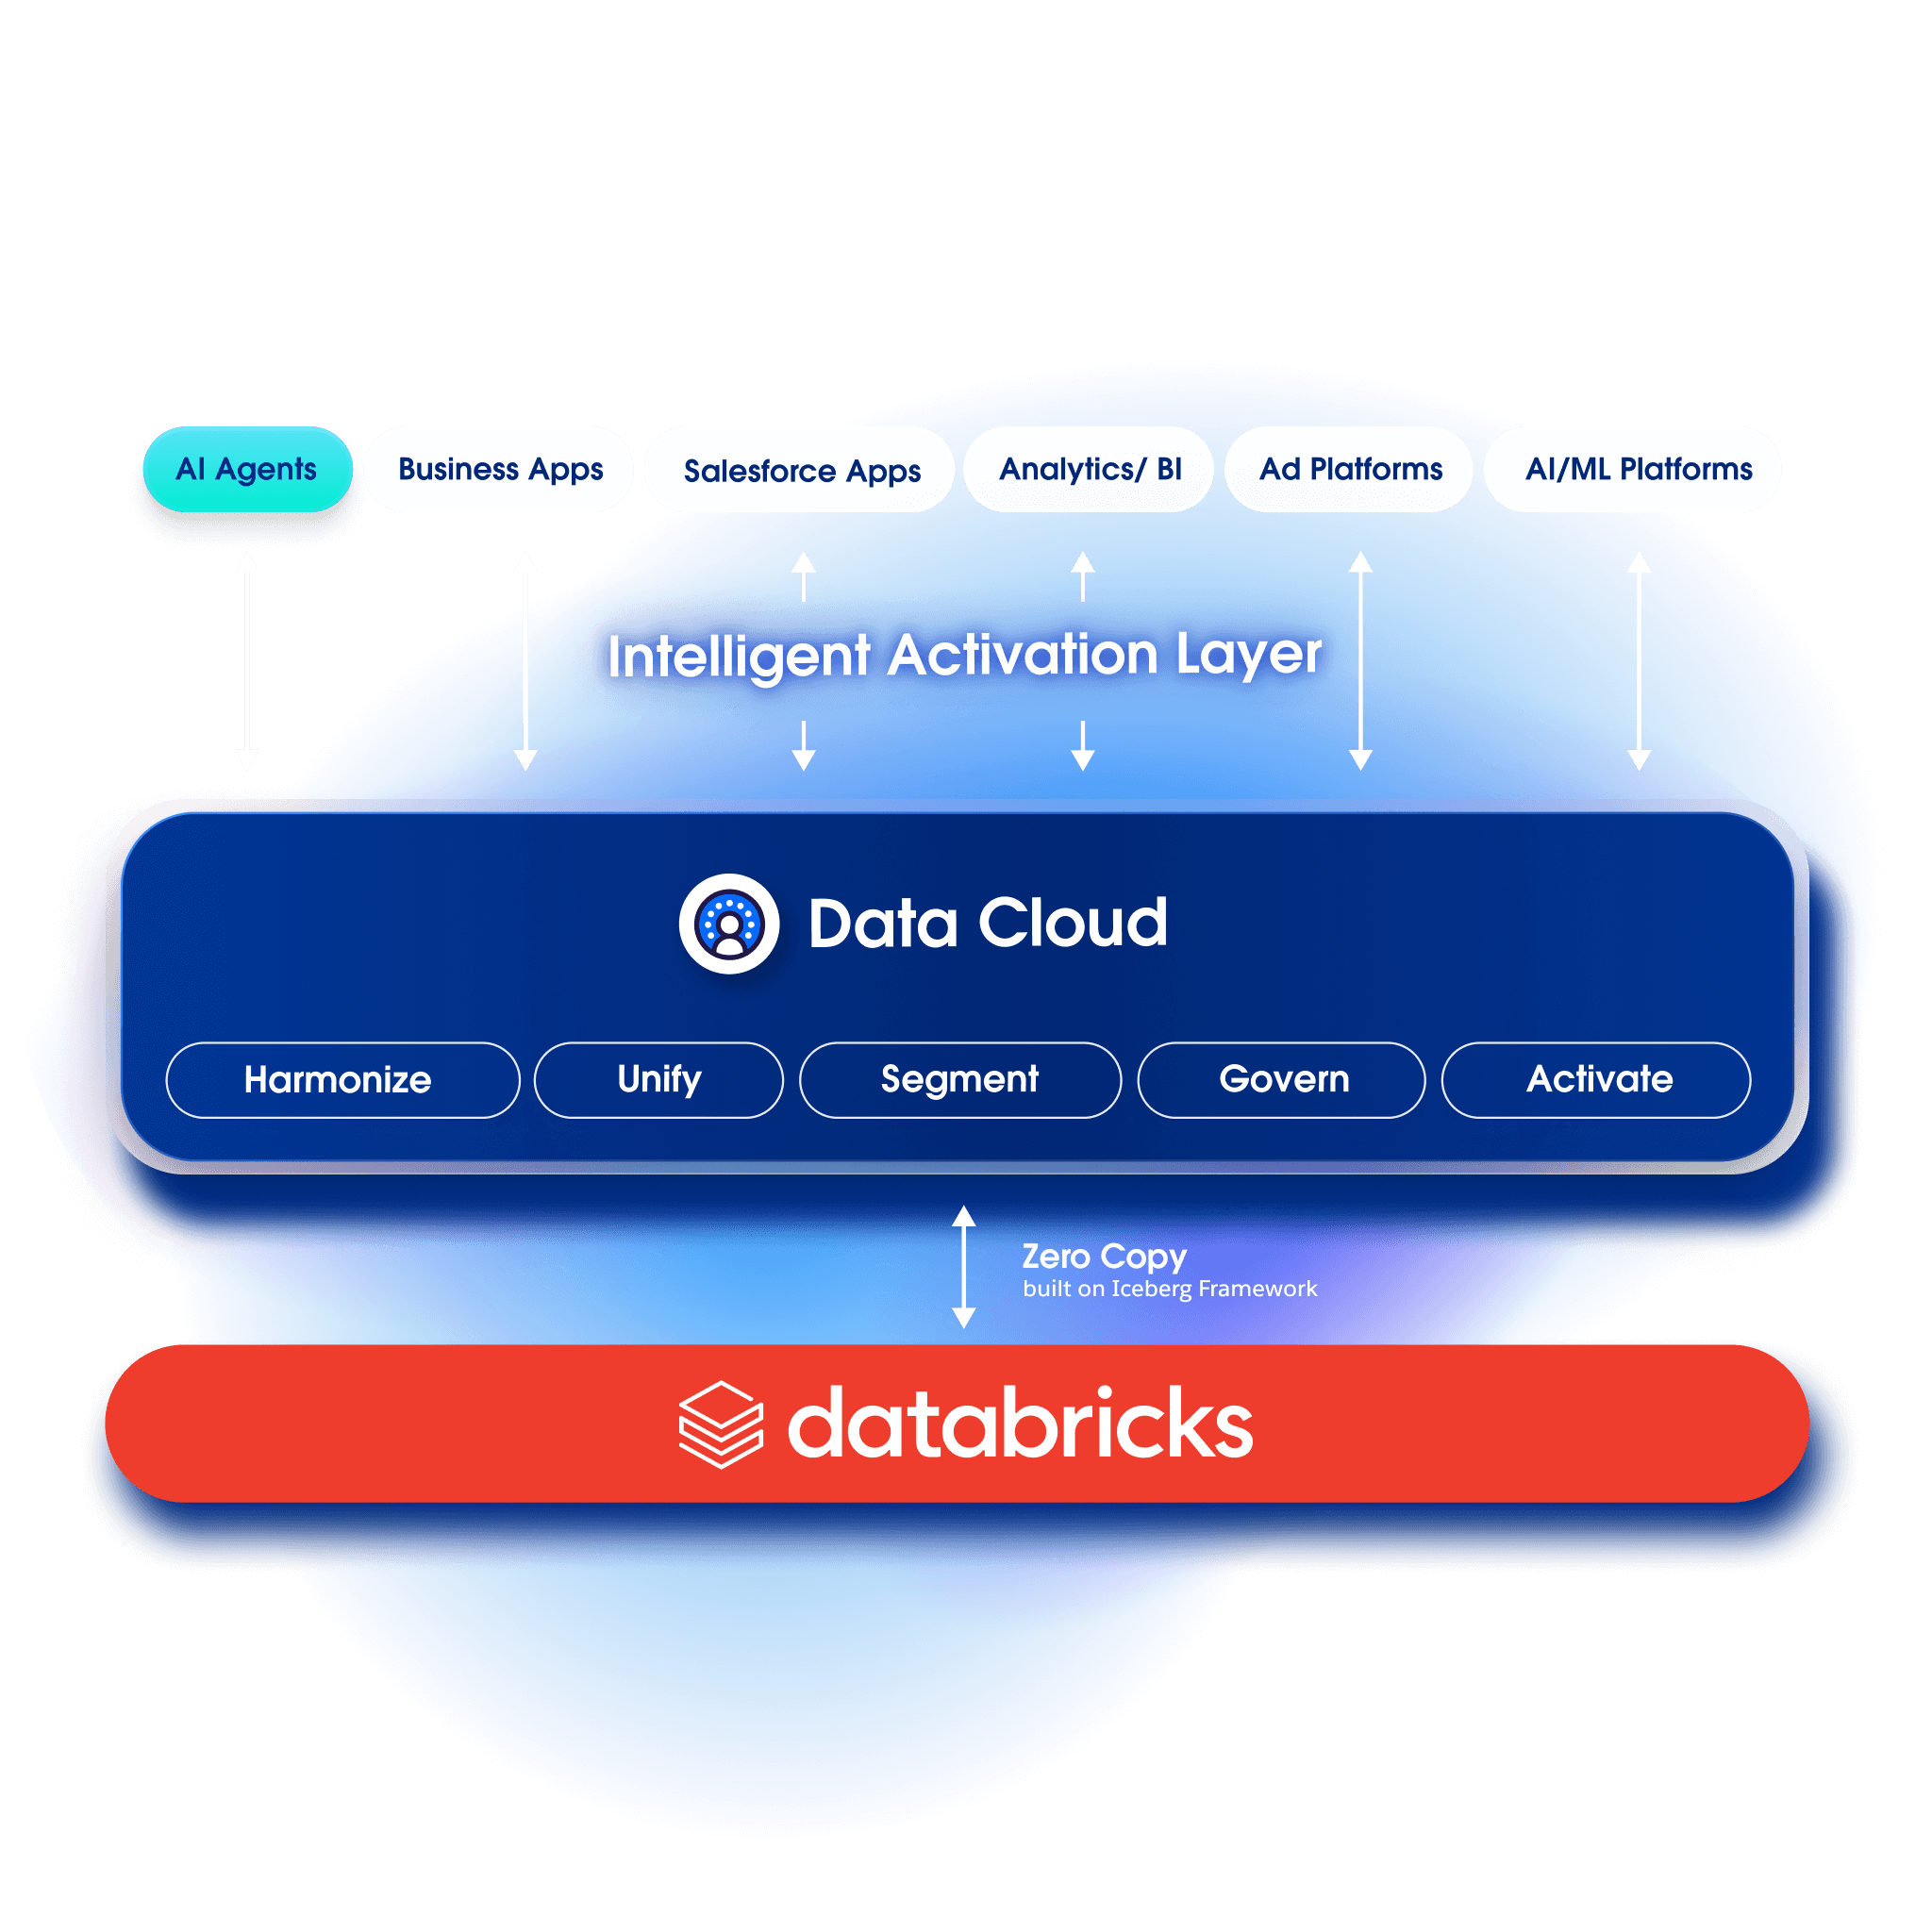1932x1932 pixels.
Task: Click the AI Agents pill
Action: tap(247, 469)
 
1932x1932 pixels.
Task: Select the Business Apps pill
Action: tap(499, 469)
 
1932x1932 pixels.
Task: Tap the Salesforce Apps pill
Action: tap(800, 470)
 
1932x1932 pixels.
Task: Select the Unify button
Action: tap(658, 1080)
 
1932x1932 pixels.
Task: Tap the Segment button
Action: tap(959, 1080)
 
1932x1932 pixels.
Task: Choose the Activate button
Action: tap(1596, 1080)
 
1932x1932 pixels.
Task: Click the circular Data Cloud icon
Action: tap(729, 924)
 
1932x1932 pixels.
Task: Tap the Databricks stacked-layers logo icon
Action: tap(720, 1424)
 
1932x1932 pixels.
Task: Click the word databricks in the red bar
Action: tap(1020, 1424)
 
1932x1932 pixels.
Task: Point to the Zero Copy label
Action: tap(1103, 1256)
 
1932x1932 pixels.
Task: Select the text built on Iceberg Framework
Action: tap(1169, 1289)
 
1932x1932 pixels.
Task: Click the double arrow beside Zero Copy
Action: tap(963, 1266)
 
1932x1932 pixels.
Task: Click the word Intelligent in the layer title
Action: tap(739, 656)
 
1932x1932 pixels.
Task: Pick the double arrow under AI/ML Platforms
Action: tap(1638, 660)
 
